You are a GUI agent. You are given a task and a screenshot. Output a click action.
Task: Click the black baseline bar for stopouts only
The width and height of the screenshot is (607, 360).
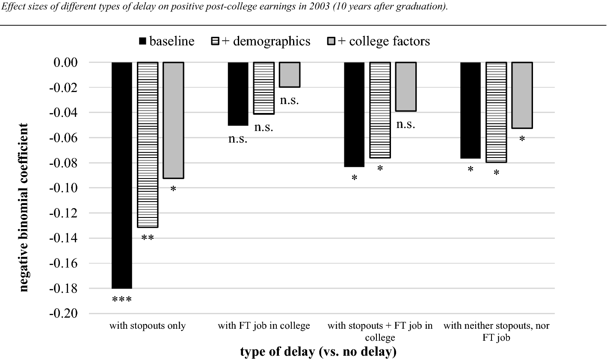click(122, 175)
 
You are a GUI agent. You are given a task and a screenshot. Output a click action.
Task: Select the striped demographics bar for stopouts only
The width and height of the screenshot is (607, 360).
click(148, 145)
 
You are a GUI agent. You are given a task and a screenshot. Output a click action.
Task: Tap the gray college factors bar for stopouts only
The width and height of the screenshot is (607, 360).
click(174, 120)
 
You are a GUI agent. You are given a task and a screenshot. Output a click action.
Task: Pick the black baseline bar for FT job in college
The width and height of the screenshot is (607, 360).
click(238, 94)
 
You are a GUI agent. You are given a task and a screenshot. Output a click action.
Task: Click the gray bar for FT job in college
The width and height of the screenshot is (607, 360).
click(290, 75)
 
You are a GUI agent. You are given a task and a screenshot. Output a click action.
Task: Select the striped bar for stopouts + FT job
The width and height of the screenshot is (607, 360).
click(380, 110)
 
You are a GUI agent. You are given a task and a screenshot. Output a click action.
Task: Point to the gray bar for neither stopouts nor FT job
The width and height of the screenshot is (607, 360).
click(522, 95)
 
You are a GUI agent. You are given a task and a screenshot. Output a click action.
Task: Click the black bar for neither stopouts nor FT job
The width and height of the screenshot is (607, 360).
click(470, 110)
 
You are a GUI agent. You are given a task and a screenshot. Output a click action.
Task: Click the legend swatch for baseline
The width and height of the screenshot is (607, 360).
click(142, 42)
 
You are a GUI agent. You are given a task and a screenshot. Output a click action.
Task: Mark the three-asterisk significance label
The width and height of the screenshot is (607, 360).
click(122, 300)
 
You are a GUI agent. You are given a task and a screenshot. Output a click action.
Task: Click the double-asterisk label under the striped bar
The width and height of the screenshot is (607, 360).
click(148, 238)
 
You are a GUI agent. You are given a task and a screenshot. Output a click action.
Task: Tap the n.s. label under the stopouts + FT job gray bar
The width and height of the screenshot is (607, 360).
click(406, 125)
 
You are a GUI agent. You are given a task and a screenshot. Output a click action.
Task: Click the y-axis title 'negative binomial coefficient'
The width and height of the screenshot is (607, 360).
click(24, 208)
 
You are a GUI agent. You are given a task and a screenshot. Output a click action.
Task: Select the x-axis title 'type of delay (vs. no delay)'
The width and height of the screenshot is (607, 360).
click(318, 351)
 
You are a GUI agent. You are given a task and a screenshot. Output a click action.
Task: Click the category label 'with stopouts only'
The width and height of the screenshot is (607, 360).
click(148, 326)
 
